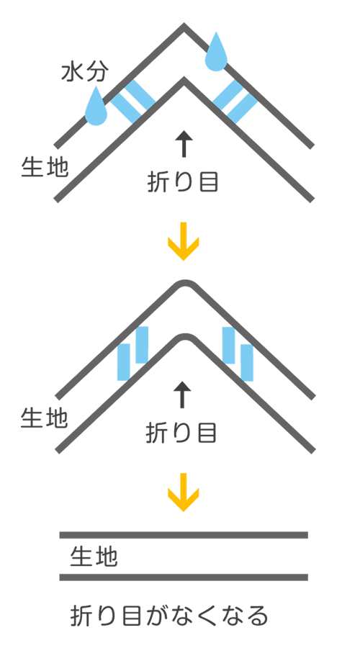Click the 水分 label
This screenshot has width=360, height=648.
85,73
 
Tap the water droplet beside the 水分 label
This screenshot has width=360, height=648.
96,107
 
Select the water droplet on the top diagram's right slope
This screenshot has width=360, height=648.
217,51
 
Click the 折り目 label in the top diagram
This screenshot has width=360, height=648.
182,182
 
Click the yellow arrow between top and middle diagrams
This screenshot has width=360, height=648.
183,241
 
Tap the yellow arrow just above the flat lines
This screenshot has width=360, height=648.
183,492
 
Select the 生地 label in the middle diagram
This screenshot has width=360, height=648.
44,418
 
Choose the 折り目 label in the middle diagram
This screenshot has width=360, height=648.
181,433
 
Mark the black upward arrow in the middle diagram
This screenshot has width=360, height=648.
182,395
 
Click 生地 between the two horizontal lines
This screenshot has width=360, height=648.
94,557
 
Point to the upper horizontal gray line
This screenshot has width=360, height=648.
184,535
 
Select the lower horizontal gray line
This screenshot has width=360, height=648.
184,577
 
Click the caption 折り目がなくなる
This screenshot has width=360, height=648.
169,616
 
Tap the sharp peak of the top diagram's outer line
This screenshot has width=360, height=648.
184,26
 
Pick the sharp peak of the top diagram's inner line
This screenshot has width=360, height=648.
184,80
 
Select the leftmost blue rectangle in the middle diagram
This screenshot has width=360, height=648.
124,362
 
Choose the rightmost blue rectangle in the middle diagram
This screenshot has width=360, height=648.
247,363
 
